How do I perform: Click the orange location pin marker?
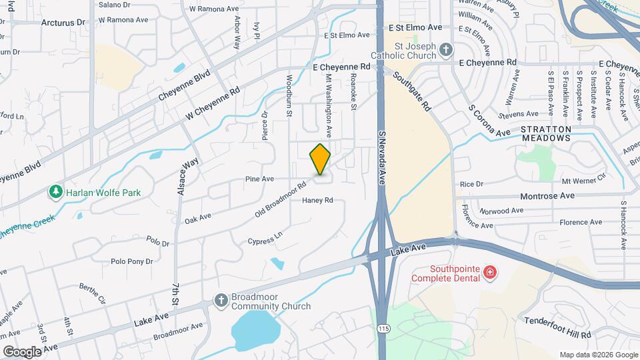pyautogui.click(x=321, y=159)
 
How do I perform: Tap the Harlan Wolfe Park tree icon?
pyautogui.click(x=56, y=193)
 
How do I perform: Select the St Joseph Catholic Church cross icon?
pyautogui.click(x=445, y=49)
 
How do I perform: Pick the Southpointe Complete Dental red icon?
pyautogui.click(x=490, y=272)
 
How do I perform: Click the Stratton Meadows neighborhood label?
pyautogui.click(x=545, y=133)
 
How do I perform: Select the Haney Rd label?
pyautogui.click(x=317, y=201)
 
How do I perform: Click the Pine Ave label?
pyautogui.click(x=259, y=179)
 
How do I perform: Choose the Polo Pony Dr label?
pyautogui.click(x=131, y=262)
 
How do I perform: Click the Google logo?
pyautogui.click(x=22, y=351)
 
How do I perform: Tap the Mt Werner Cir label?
pyautogui.click(x=583, y=180)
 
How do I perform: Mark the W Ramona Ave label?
pyautogui.click(x=214, y=9)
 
